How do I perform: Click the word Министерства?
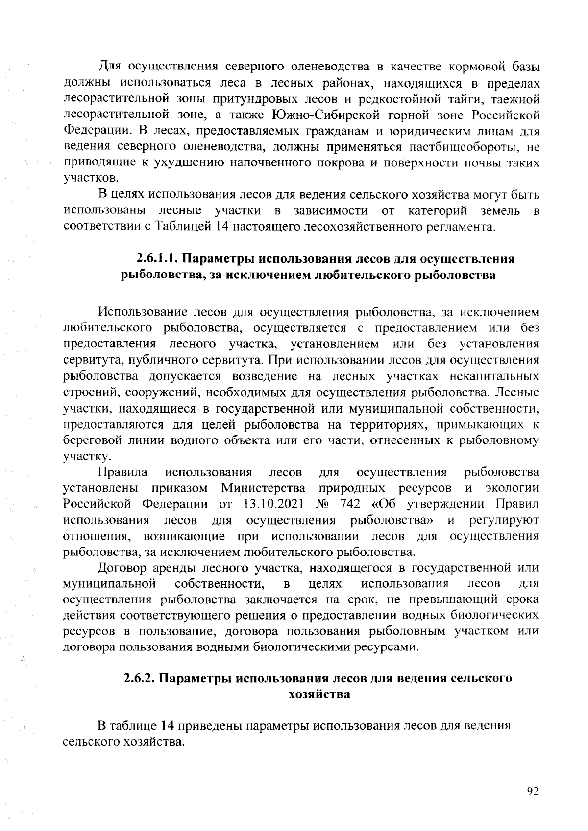click(263, 488)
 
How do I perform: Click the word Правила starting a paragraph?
click(123, 472)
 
